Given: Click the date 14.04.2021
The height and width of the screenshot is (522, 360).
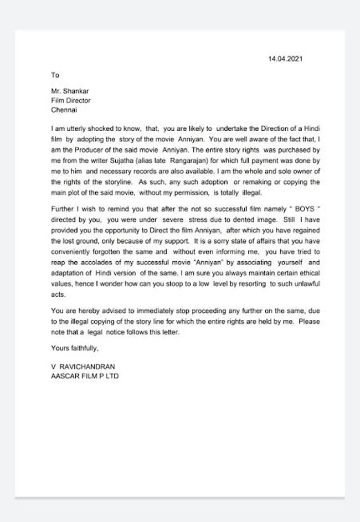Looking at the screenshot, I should coord(285,59).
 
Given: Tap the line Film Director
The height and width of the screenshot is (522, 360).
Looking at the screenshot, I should coord(70,101).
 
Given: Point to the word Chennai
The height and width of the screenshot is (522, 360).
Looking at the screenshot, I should coord(63,110).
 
